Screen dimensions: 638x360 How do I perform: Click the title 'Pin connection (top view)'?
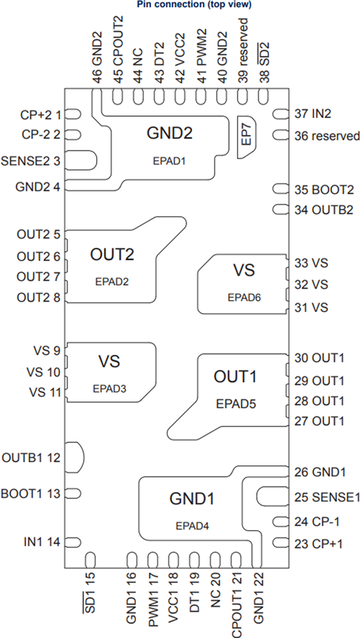pyautogui.click(x=194, y=5)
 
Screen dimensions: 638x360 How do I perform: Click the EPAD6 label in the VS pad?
pyautogui.click(x=244, y=298)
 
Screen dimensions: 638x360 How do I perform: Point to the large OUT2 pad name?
pyautogui.click(x=112, y=255)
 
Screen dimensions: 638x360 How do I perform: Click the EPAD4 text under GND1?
pyautogui.click(x=192, y=526)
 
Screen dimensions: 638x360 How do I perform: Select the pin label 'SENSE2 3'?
pyautogui.click(x=31, y=160)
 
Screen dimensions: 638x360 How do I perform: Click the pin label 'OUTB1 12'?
pyautogui.click(x=31, y=457)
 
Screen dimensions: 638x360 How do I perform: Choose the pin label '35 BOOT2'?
pyautogui.click(x=323, y=189)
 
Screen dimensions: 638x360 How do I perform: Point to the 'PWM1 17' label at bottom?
pyautogui.click(x=153, y=601)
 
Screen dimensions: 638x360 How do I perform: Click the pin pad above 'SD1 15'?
pyautogui.click(x=90, y=559)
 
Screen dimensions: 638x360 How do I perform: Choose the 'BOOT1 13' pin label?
pyautogui.click(x=31, y=493)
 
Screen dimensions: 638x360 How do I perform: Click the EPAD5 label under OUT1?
pyautogui.click(x=236, y=404)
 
